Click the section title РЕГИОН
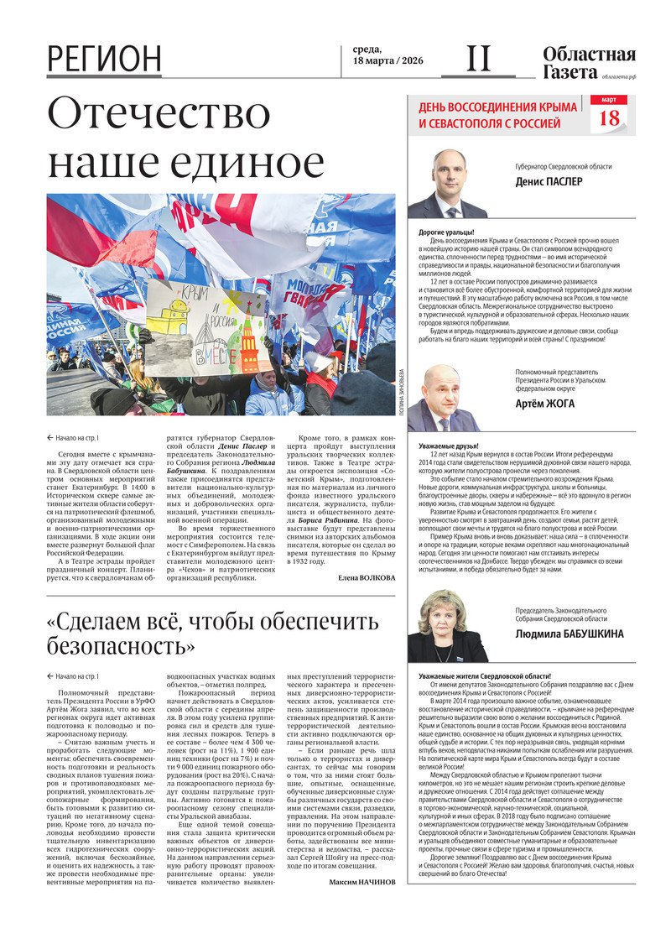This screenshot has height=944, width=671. (104, 59)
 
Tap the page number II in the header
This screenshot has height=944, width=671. (478, 58)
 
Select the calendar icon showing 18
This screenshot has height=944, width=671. (610, 114)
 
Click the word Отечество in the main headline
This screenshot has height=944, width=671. (159, 116)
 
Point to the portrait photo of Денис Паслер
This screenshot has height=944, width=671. (446, 185)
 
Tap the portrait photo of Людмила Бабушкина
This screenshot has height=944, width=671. (445, 626)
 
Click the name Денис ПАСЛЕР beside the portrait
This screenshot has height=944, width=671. (550, 180)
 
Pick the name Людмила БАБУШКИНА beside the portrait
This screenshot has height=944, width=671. (570, 634)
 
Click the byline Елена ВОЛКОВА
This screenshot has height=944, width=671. (367, 578)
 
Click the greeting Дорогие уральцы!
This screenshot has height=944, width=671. (446, 232)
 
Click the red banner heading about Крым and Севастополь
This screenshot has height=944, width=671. (498, 115)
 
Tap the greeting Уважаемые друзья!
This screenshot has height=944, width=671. (449, 445)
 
